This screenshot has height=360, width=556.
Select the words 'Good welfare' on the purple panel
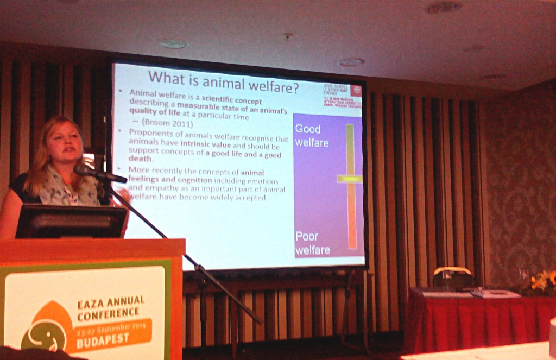(312, 136)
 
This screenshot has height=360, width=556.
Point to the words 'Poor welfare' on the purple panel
(312, 243)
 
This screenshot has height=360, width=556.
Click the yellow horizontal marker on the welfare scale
(350, 179)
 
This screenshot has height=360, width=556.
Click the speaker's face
(64, 142)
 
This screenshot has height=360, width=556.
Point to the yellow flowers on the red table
(542, 281)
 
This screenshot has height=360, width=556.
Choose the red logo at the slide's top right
(357, 91)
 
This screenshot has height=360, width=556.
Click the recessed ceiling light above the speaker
(174, 44)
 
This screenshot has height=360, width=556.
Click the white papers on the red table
(495, 294)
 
